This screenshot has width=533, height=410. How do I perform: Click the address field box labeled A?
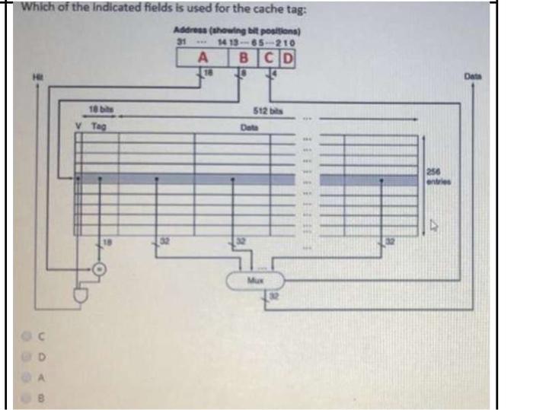203,58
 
